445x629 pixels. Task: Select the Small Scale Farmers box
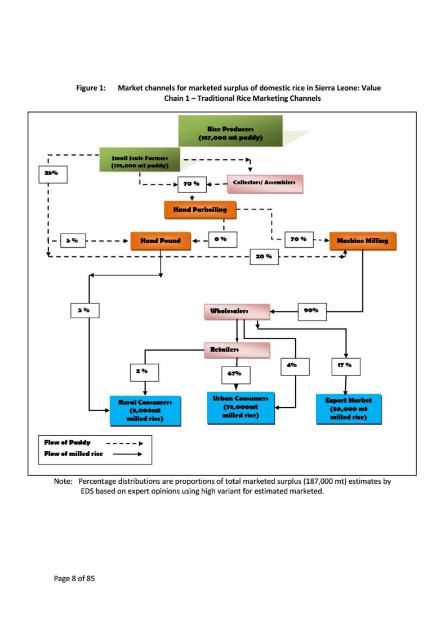tap(140, 159)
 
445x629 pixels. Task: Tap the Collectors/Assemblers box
tap(265, 183)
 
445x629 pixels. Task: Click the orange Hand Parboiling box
tap(200, 209)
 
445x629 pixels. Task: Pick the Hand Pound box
tap(161, 240)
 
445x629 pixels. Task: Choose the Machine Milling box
tap(362, 240)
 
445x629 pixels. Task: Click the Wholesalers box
tap(236, 311)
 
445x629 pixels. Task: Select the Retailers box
tap(236, 350)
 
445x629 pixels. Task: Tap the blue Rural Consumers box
tap(145, 411)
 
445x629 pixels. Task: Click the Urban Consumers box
tap(241, 407)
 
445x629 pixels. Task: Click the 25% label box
tap(52, 173)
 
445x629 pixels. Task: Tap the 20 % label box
tap(264, 257)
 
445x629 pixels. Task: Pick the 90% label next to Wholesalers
tap(311, 310)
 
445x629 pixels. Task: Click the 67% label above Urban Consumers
tap(235, 374)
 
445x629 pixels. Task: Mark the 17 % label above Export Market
tap(345, 366)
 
